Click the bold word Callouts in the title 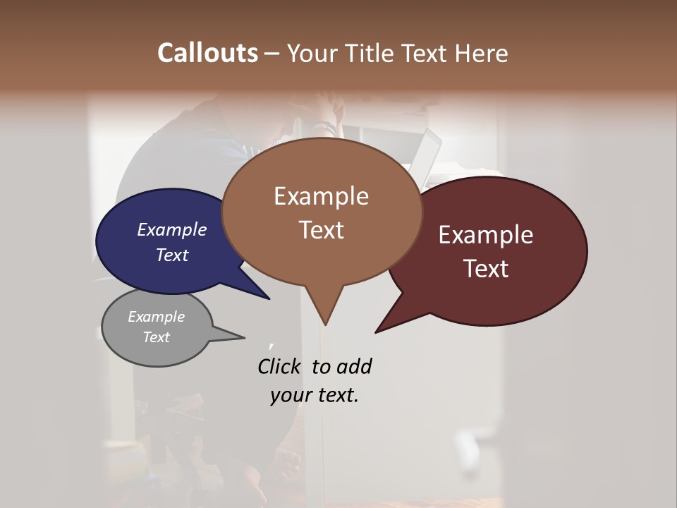(207, 53)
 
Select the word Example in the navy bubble (171, 229)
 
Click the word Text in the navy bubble (171, 255)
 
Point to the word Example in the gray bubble (156, 317)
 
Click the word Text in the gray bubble (156, 337)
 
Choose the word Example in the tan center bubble (321, 196)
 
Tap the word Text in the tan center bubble (321, 230)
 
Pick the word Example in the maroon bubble (486, 235)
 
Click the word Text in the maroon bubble (486, 268)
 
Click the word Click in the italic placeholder (279, 366)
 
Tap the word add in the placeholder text (353, 366)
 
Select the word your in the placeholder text (290, 395)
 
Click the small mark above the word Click (271, 345)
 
